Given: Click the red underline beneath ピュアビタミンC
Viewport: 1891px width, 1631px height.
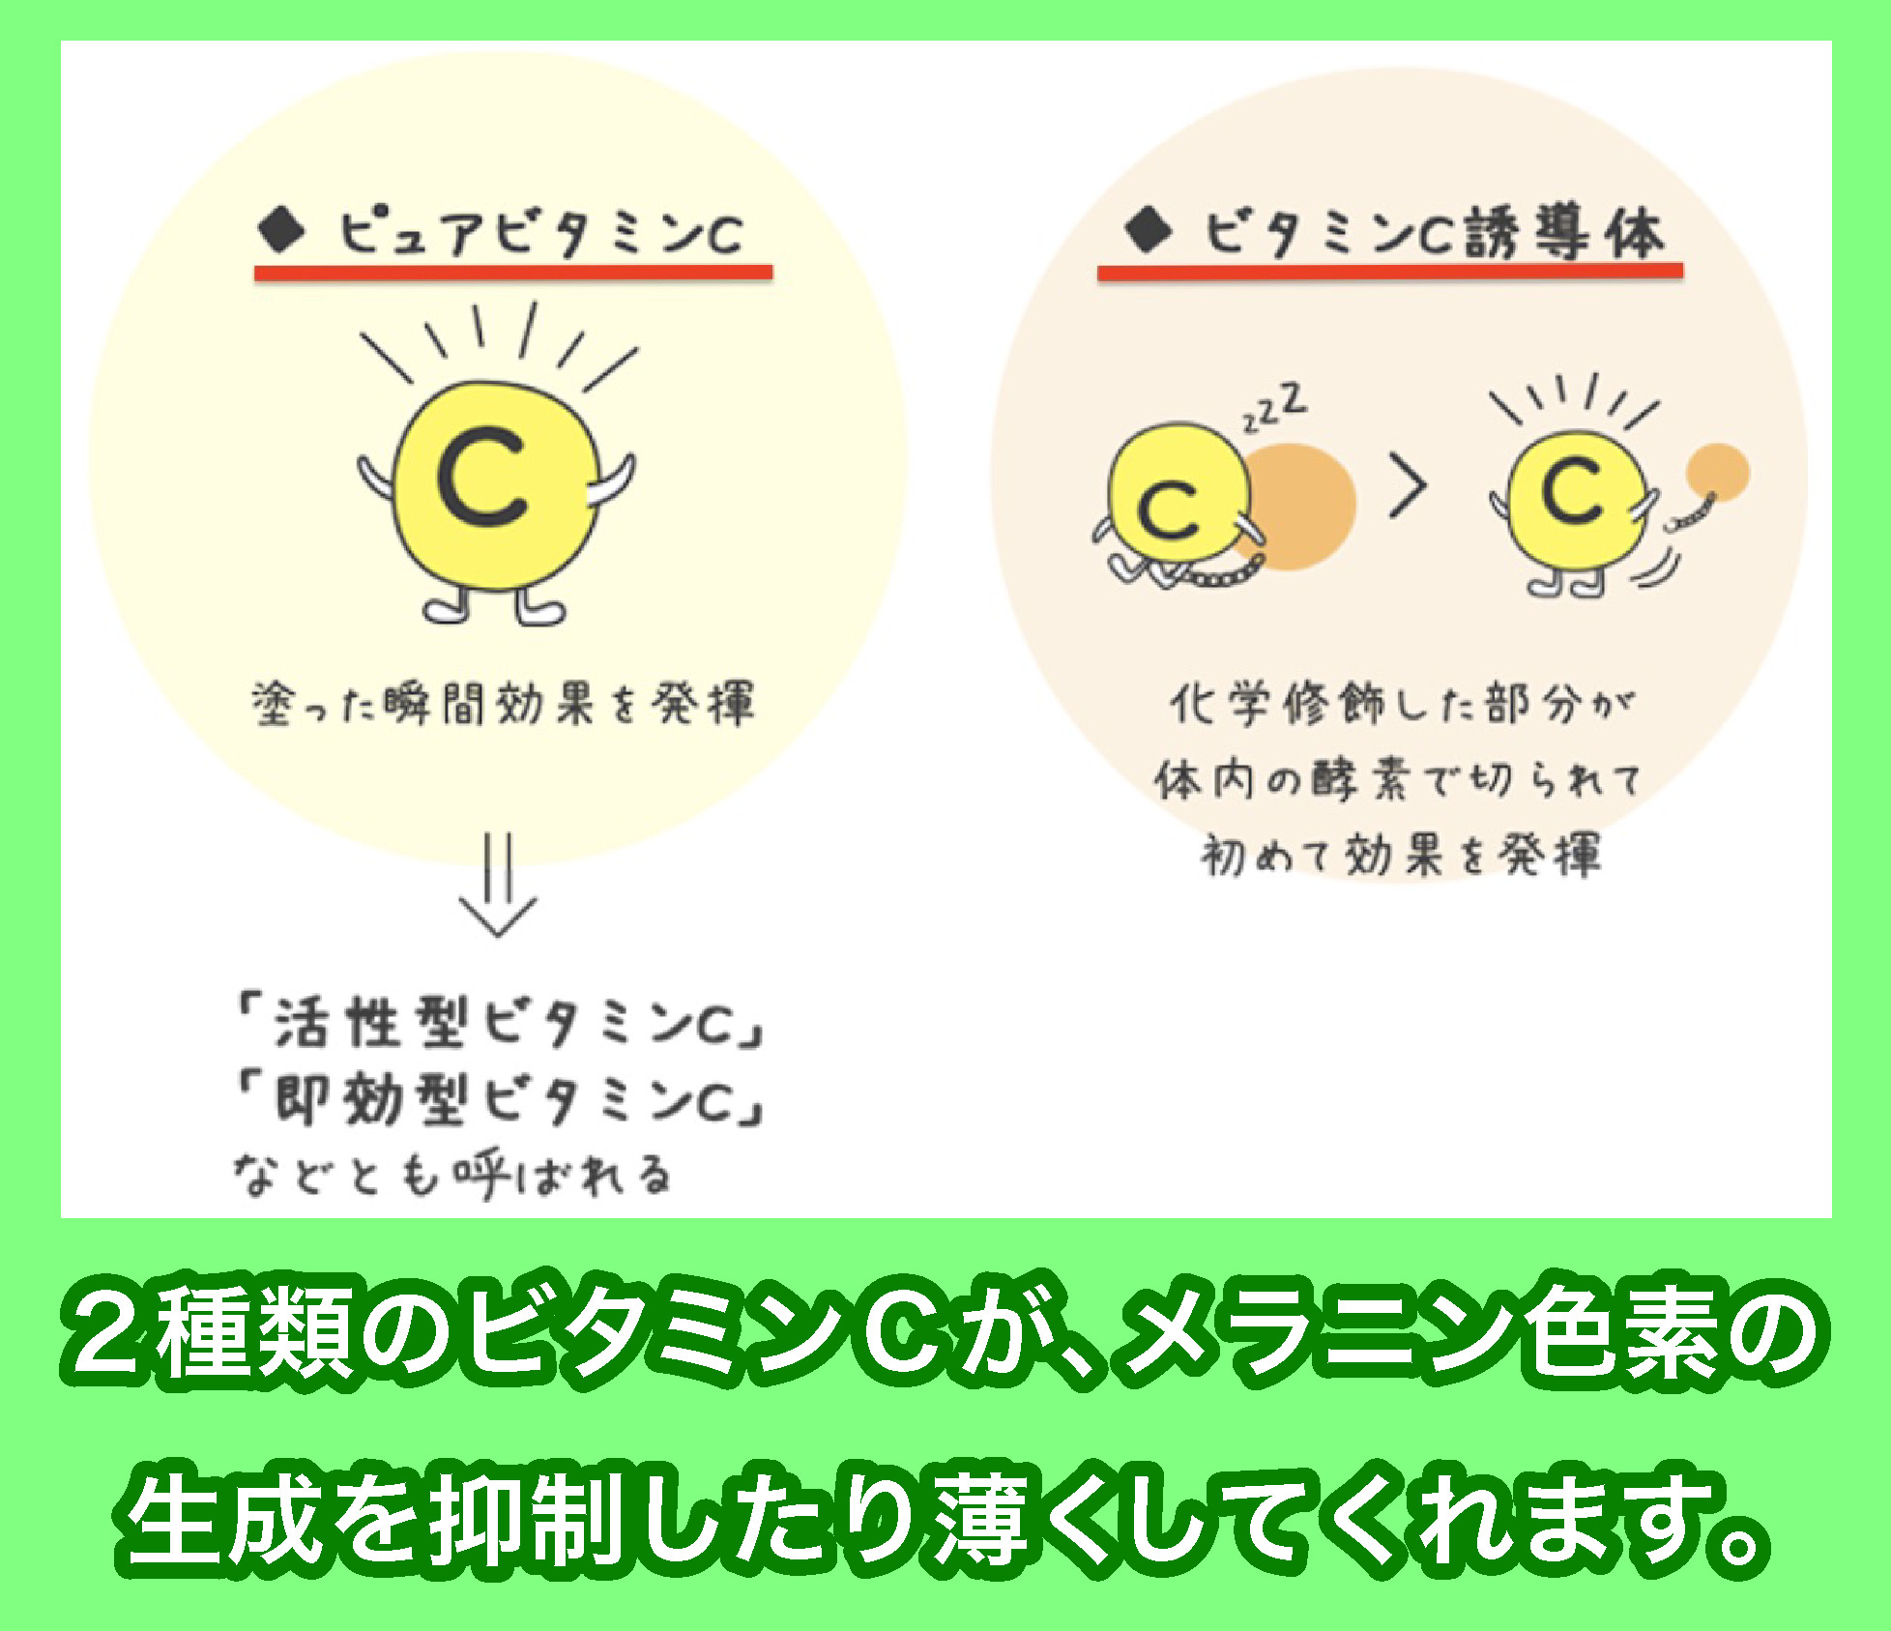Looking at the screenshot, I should (512, 273).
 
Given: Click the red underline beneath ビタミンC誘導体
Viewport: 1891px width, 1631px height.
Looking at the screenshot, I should (1389, 272).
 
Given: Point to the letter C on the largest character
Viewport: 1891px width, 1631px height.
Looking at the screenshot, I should (480, 481).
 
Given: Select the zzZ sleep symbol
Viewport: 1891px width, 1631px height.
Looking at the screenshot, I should (1275, 409).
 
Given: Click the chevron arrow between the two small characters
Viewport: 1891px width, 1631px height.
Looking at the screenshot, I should (1408, 490).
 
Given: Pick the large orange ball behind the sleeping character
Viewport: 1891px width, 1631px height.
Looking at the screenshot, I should (1300, 505).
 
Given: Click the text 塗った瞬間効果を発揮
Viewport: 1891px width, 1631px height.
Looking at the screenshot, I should (502, 704).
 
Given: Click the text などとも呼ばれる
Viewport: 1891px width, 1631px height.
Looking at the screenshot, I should (451, 1176).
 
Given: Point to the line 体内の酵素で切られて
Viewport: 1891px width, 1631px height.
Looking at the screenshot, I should (1398, 779).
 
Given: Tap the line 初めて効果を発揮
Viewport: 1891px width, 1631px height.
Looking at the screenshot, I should (1400, 855).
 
